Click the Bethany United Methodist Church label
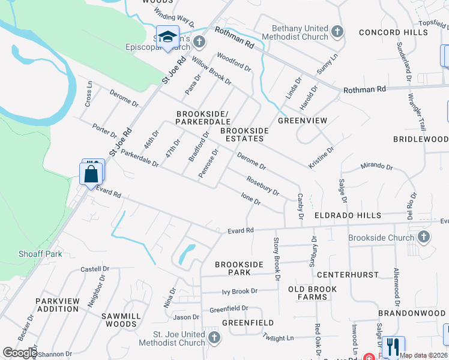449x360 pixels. point(300,32)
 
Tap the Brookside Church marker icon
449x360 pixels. point(424,238)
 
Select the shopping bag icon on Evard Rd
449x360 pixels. point(91,174)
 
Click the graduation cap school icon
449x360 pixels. point(168,35)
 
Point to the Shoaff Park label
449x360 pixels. point(40,254)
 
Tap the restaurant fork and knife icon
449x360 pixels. point(393,346)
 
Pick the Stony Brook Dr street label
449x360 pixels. point(277,259)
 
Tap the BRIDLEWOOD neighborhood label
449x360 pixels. point(420,139)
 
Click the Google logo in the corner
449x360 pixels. point(19,353)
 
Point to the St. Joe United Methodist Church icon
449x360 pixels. point(214,338)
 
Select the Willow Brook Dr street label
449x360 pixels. point(211,71)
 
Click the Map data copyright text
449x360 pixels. point(423,355)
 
